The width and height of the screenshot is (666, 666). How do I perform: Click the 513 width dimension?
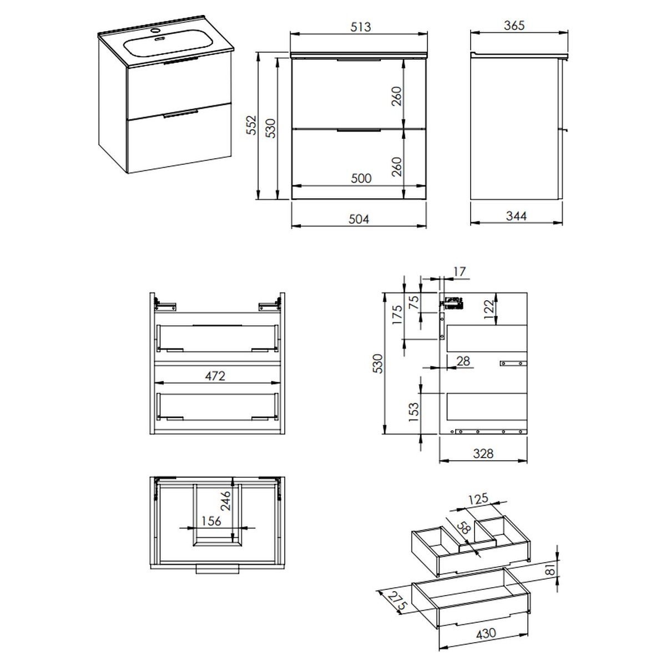pyautogui.click(x=361, y=27)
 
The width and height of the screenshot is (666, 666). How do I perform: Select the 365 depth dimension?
pyautogui.click(x=514, y=25)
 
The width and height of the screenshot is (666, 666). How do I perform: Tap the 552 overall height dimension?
pyautogui.click(x=253, y=125)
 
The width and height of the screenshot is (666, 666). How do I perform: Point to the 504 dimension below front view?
pyautogui.click(x=359, y=219)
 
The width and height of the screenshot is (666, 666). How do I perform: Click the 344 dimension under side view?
pyautogui.click(x=516, y=216)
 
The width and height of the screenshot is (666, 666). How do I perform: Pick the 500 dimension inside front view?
pyautogui.click(x=361, y=178)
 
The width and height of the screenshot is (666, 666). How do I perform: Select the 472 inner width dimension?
pyautogui.click(x=215, y=376)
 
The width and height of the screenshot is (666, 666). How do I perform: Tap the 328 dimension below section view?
pyautogui.click(x=483, y=453)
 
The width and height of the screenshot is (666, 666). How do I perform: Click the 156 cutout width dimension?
pyautogui.click(x=211, y=521)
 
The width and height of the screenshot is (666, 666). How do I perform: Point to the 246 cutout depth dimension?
pyautogui.click(x=225, y=501)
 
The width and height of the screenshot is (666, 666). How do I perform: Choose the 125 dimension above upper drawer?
pyautogui.click(x=478, y=499)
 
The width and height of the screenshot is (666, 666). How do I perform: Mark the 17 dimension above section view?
pyautogui.click(x=460, y=271)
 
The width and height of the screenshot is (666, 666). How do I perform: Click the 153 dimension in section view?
pyautogui.click(x=413, y=412)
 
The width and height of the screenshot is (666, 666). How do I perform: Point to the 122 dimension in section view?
pyautogui.click(x=489, y=310)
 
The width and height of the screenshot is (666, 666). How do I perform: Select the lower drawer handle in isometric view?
pyautogui.click(x=180, y=114)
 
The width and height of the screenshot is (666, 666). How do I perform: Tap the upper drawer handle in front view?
pyautogui.click(x=359, y=60)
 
